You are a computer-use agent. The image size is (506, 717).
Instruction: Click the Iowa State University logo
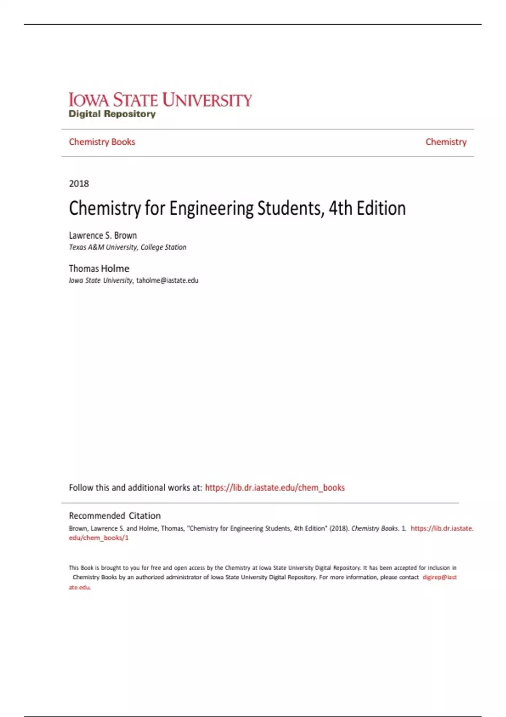point(160,100)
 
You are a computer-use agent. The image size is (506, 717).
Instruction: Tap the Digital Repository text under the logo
point(112,114)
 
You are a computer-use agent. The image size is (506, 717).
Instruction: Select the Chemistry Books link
point(102,142)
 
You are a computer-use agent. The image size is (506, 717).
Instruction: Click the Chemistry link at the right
point(446,142)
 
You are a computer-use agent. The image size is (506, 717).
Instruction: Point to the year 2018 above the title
point(79,183)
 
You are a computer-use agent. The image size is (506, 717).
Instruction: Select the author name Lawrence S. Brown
point(103,235)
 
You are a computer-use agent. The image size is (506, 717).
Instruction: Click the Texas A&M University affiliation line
point(127,247)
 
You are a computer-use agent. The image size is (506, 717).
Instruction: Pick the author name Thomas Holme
point(99,269)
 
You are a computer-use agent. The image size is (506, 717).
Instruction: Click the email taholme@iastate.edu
point(167,280)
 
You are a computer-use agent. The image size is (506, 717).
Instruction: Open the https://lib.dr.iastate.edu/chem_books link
point(275,488)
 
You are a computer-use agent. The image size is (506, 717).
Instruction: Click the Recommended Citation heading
point(115,515)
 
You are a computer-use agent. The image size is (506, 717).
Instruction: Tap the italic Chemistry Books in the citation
point(374,528)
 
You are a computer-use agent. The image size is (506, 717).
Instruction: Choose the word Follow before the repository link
point(81,488)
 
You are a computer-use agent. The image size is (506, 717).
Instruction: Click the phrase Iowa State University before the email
point(101,280)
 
